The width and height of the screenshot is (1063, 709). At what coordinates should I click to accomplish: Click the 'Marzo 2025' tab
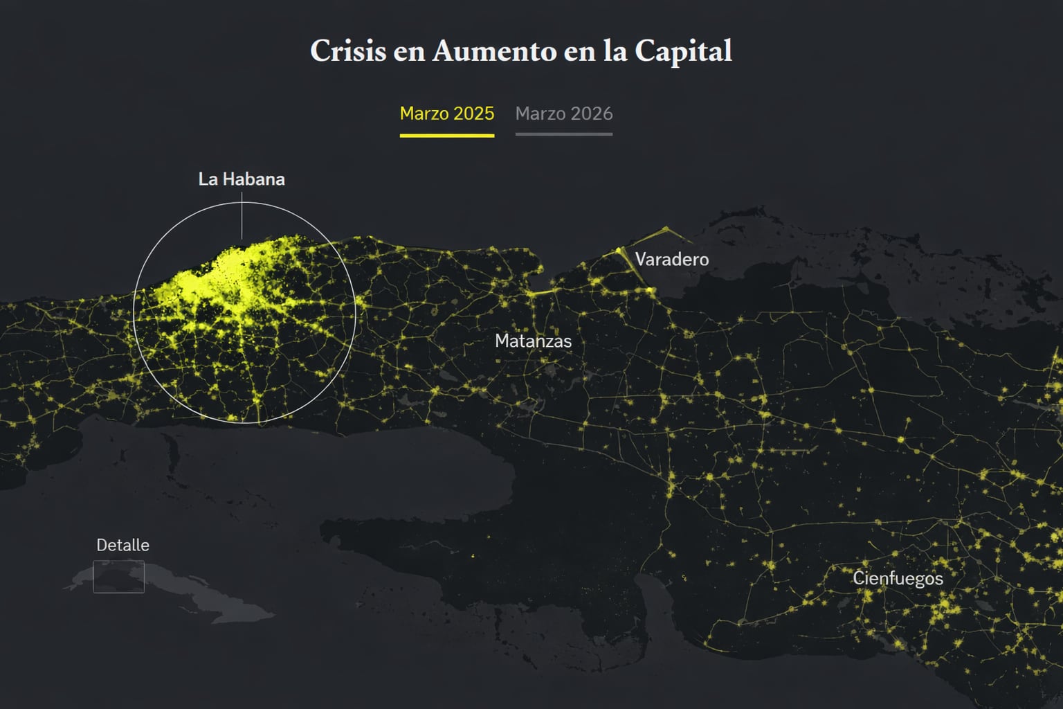click(x=447, y=114)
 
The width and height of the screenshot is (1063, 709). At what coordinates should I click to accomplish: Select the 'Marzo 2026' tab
click(x=564, y=114)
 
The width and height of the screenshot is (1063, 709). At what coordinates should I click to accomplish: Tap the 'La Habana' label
click(x=242, y=179)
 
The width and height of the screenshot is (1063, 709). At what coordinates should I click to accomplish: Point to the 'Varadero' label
click(x=672, y=260)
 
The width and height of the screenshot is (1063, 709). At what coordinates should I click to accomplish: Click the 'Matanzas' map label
click(x=533, y=341)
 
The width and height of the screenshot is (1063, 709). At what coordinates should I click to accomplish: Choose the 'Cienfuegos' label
click(x=898, y=578)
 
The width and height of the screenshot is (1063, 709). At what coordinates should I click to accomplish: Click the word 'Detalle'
click(x=122, y=545)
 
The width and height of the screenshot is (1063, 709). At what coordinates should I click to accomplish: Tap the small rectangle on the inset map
click(x=119, y=577)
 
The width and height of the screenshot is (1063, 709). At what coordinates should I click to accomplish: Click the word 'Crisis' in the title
click(x=347, y=51)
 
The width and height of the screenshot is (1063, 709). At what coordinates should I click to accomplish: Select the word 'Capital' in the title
click(x=683, y=51)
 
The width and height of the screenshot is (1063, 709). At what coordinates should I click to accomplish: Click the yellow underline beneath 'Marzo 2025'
click(x=447, y=135)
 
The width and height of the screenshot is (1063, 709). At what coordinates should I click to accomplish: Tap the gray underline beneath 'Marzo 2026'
click(x=564, y=134)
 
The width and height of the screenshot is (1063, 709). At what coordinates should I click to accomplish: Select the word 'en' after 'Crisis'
click(x=409, y=51)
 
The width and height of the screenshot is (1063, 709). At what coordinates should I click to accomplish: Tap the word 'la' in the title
click(x=615, y=51)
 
